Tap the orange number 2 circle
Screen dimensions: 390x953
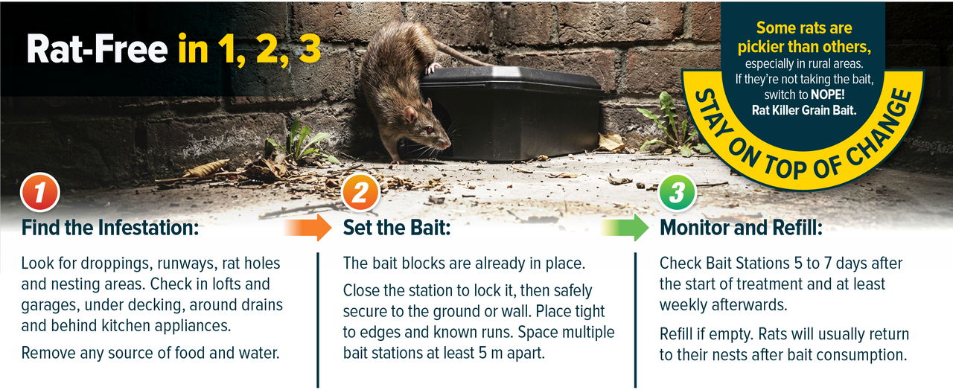(360, 193)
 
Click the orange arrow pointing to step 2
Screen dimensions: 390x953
(308, 227)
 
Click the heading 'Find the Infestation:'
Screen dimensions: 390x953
(110, 228)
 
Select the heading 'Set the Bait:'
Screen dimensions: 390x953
(397, 228)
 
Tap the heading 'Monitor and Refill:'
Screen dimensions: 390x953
(741, 228)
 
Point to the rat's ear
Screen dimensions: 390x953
(409, 113)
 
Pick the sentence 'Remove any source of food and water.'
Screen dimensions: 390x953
(150, 352)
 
